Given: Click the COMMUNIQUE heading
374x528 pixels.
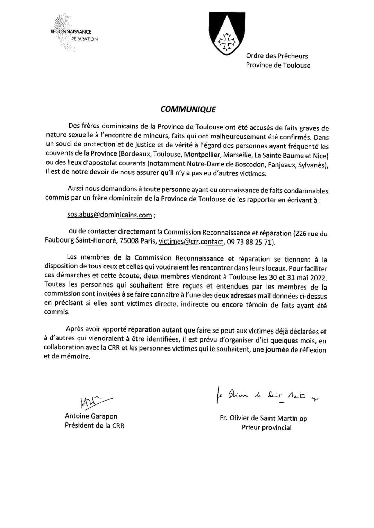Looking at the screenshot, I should tap(188, 109).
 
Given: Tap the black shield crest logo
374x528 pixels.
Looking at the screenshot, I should tap(227, 34).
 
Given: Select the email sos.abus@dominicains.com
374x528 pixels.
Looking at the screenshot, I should tap(109, 215).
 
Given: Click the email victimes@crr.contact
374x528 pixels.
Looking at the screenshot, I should tap(191, 242).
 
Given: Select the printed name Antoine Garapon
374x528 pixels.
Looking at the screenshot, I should tap(91, 416).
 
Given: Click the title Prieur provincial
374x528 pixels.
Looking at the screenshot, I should tap(266, 427).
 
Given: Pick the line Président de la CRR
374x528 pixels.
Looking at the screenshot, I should tap(94, 425).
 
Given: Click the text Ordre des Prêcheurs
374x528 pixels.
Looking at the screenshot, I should tap(277, 56).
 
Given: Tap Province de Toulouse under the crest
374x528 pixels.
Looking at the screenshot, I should tap(278, 65).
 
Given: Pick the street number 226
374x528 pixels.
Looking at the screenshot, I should tap(301, 233).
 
